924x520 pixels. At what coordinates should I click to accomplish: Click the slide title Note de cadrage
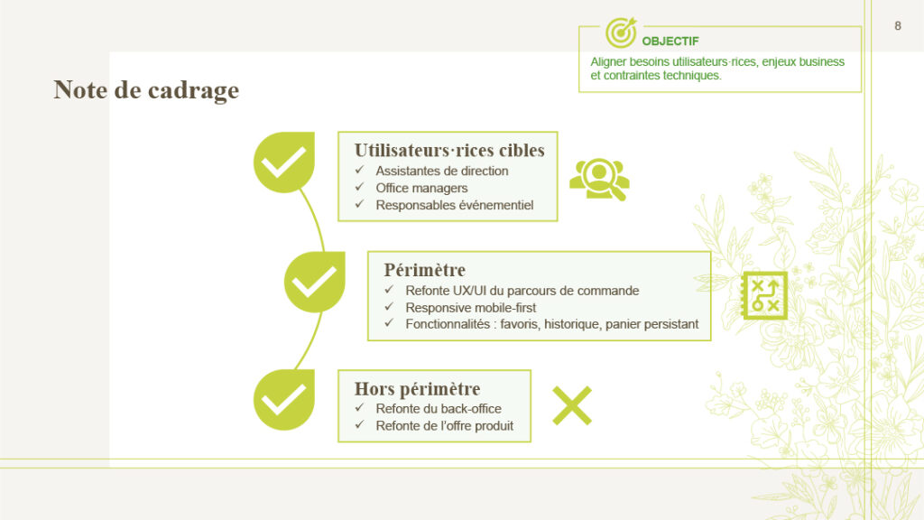(146, 90)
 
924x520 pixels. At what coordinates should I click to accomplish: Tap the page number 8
(898, 26)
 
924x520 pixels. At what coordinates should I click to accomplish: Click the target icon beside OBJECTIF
(621, 32)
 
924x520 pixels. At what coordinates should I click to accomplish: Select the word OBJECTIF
(670, 42)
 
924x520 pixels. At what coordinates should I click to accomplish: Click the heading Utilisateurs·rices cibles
(449, 151)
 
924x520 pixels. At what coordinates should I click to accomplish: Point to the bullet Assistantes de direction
(442, 171)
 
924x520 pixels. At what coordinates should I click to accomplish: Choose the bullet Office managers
(422, 188)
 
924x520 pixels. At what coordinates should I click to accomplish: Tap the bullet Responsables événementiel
(455, 205)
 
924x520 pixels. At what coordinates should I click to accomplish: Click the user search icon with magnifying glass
(599, 180)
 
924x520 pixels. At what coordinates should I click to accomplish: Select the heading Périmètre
(424, 270)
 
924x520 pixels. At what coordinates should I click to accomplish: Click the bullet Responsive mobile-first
(471, 308)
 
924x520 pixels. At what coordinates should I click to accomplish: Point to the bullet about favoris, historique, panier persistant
(551, 324)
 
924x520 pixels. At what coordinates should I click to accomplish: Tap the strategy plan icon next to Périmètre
(764, 295)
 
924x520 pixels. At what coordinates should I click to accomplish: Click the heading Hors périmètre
(417, 389)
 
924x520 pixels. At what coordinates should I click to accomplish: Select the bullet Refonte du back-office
(439, 409)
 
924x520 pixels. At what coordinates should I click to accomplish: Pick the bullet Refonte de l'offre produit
(444, 426)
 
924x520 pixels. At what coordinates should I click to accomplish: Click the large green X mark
(571, 405)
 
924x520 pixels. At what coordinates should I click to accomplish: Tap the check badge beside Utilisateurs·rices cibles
(284, 162)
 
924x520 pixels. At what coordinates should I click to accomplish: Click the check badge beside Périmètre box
(315, 282)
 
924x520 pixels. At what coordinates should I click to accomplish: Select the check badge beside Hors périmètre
(284, 400)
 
